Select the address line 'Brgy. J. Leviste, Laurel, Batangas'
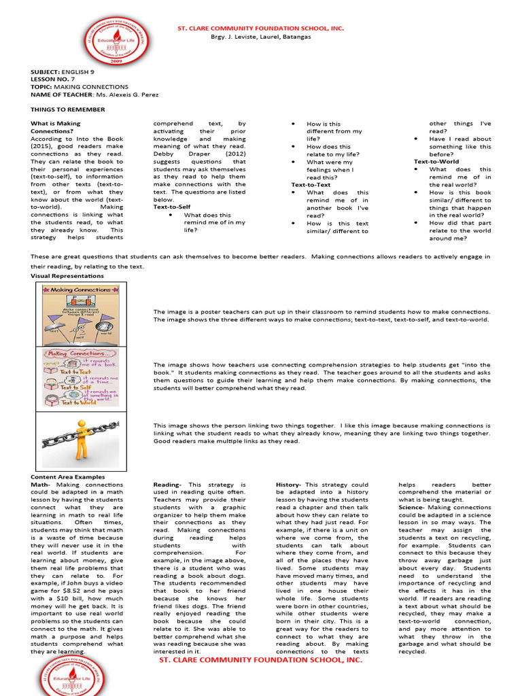pos(261,37)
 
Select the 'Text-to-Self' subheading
pos(172,207)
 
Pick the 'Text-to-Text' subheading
pos(311,184)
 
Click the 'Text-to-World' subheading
pos(436,162)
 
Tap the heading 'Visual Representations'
pos(67,276)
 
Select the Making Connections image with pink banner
pos(80,377)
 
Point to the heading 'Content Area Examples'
pos(67,477)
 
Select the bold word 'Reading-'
pos(167,485)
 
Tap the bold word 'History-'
pos(289,485)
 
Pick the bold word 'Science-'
pos(412,507)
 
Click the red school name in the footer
pos(260,659)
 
